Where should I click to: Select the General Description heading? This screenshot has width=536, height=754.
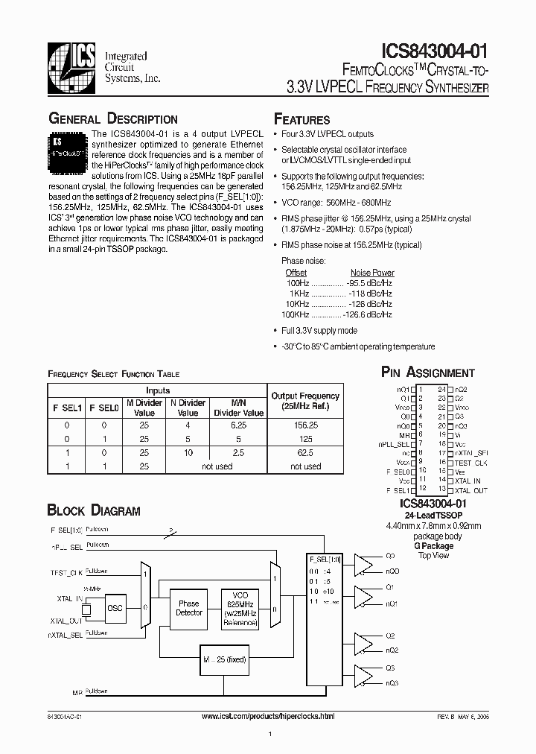[112, 119]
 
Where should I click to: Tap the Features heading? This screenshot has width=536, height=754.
[301, 120]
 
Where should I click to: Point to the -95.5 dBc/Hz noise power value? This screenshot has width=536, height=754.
[369, 284]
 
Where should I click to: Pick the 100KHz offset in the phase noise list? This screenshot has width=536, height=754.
[296, 315]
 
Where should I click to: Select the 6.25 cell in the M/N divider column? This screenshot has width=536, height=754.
[238, 425]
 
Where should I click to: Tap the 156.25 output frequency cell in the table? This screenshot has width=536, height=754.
[305, 425]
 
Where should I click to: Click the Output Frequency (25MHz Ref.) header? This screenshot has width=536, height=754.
[305, 402]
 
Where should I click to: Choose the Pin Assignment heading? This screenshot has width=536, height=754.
[427, 373]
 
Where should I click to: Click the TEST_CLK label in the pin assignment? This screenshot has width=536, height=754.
[471, 463]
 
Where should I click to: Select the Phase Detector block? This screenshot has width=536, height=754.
[188, 608]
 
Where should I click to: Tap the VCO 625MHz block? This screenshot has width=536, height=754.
[240, 607]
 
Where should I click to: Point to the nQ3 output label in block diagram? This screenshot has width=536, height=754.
[392, 683]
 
